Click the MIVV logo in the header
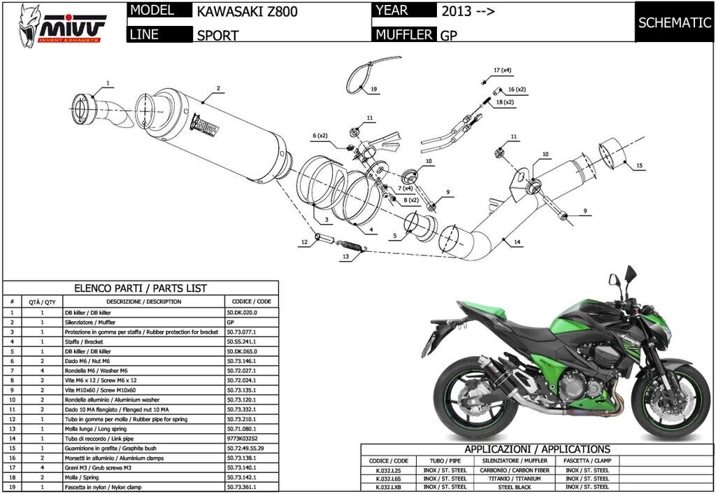point(62,25)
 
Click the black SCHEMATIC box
point(675,22)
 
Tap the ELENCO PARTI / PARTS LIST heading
point(141,288)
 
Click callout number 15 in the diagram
point(638,166)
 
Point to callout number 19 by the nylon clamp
point(374,90)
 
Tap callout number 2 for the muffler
point(218,89)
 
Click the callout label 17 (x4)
point(502,71)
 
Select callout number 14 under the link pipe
point(517,242)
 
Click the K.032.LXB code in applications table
point(388,486)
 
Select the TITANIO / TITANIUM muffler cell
point(513,478)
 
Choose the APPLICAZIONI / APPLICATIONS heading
point(537,449)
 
